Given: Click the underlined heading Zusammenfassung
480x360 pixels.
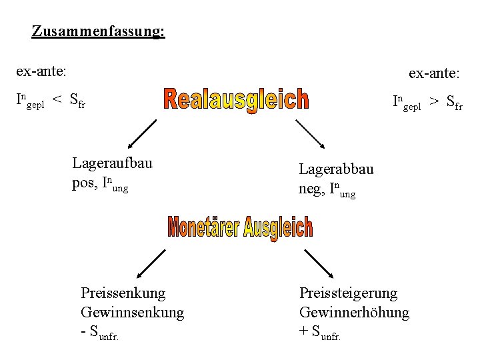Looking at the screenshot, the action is coord(98,31).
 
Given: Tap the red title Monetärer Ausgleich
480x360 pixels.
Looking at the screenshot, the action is coord(240,228).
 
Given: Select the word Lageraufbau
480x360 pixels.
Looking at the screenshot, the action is coord(112,163).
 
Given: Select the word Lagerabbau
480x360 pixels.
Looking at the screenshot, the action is coord(336,169).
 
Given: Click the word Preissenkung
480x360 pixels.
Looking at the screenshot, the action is coord(123,293).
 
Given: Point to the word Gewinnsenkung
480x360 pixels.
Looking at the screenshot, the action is coord(132,312).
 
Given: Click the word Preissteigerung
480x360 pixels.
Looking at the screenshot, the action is coord(348,293).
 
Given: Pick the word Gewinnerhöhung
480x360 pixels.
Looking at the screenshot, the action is coord(354,312).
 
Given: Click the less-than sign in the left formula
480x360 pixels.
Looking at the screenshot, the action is coord(57,101).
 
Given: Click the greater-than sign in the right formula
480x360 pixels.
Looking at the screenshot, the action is coord(434,101).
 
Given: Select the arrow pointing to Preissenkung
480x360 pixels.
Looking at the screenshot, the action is coord(151,264).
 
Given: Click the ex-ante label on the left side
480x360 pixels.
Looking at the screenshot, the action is coord(41,69).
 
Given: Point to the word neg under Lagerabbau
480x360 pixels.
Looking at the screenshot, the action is coord(311,189).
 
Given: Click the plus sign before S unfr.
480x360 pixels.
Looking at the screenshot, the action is coord(304,331).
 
